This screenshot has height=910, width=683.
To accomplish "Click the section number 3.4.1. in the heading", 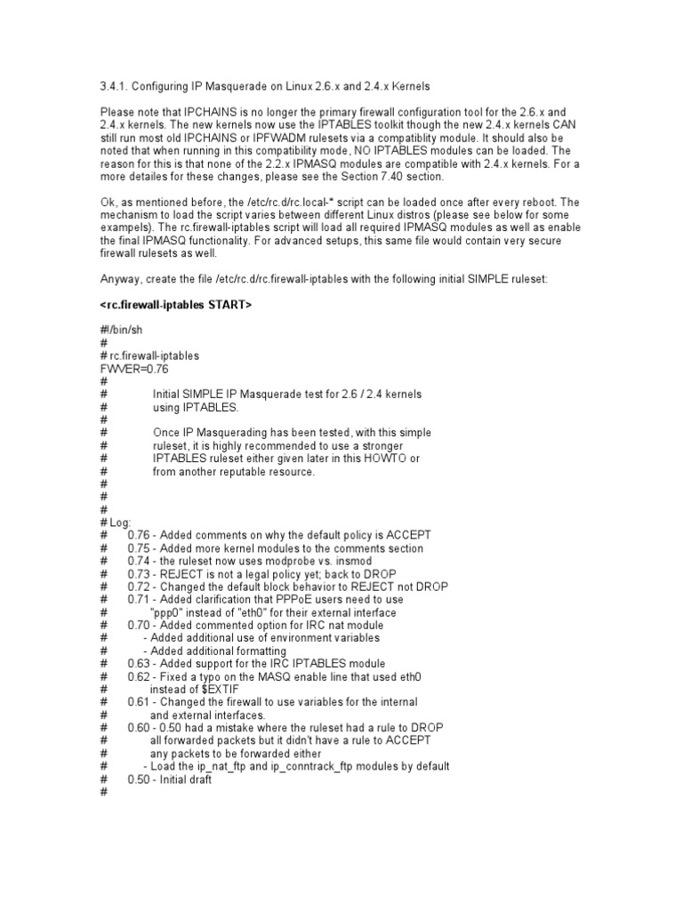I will point(115,85).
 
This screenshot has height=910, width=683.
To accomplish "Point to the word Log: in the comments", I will point(120,522).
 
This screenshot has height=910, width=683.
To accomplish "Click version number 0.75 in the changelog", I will point(141,548).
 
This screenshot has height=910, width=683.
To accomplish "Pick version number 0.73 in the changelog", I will point(141,573).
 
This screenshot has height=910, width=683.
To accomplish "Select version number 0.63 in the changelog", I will point(141,664).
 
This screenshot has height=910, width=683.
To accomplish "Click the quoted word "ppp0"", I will point(170,612).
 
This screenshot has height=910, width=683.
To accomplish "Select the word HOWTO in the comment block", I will point(377,458).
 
